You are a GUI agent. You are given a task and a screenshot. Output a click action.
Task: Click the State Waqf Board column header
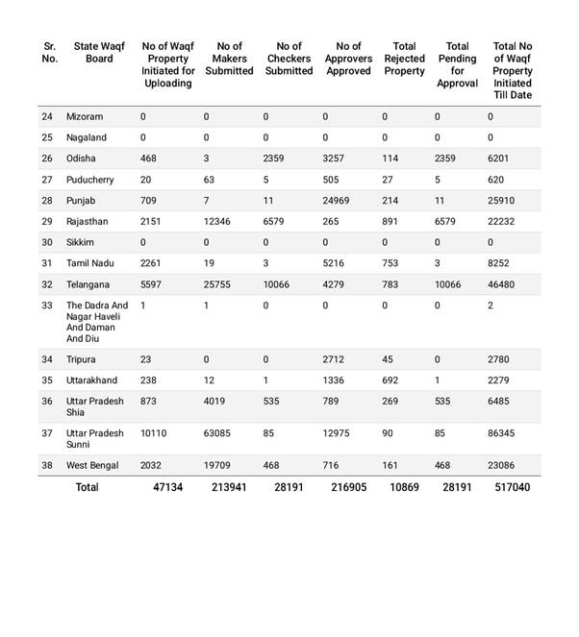[x=99, y=52]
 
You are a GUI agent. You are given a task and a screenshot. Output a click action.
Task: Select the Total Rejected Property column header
[x=404, y=58]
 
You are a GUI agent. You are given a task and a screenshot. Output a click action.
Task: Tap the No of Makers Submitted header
[x=229, y=58]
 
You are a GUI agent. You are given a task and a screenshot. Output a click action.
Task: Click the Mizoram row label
[x=85, y=116]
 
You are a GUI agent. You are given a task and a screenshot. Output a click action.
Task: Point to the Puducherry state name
[x=90, y=180]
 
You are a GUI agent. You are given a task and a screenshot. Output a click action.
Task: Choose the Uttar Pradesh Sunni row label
[x=95, y=439]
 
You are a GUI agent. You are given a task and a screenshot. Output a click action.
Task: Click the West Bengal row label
[x=92, y=466]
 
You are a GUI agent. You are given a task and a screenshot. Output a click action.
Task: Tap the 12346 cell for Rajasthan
[x=218, y=222]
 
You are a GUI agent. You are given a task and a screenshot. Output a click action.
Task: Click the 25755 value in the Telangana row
[x=218, y=285]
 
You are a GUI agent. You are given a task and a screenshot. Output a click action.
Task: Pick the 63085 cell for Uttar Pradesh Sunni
[x=218, y=433]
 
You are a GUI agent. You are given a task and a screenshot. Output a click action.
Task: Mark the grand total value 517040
[x=511, y=488]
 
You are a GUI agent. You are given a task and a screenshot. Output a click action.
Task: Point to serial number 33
[x=47, y=306]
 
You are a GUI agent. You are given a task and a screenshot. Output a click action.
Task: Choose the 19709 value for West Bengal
[x=218, y=466]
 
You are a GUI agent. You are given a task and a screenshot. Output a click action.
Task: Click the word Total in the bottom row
[x=87, y=488]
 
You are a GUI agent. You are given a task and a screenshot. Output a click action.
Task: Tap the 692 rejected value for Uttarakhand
[x=390, y=381]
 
